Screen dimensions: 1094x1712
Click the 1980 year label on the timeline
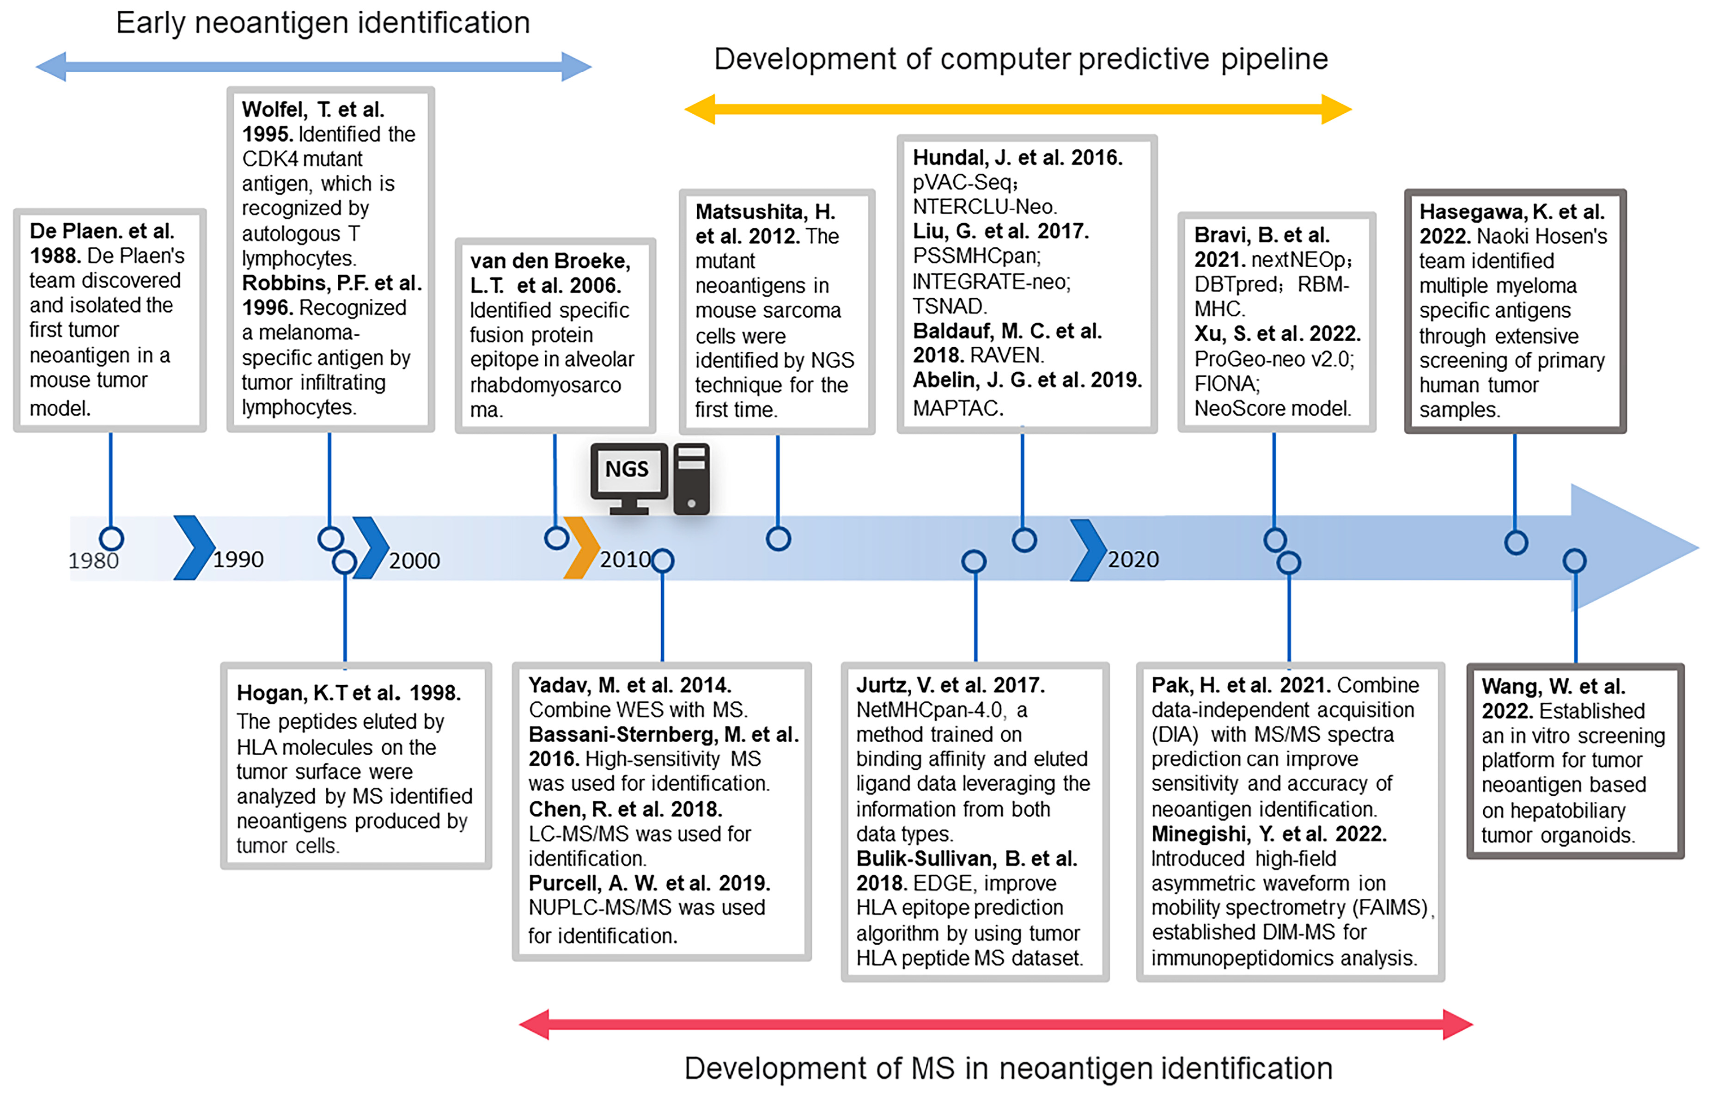tap(93, 560)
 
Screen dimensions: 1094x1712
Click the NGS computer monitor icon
tap(628, 472)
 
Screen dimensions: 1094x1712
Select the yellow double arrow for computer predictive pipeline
tap(1017, 109)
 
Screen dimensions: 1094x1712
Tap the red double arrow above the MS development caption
tap(995, 1024)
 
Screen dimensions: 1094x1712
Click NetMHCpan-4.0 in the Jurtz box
tap(930, 710)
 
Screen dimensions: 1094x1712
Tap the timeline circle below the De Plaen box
tap(111, 539)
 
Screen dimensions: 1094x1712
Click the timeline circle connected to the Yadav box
tap(662, 560)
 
